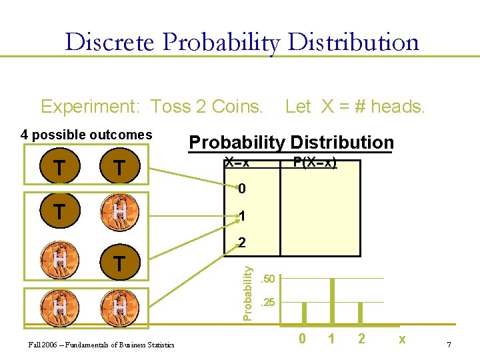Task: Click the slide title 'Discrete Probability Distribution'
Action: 242,42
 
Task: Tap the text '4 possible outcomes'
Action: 87,135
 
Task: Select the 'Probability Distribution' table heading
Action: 291,143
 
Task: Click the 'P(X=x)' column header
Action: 315,163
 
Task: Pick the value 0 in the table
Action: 242,189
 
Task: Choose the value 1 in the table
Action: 242,217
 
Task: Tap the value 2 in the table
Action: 242,244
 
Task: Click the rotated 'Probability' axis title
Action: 247,292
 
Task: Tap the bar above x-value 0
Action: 304,313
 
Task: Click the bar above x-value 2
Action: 361,313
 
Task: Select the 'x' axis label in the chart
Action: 401,339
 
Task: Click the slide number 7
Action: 449,344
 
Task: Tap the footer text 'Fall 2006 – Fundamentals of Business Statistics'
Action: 97,345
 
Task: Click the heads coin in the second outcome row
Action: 119,212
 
